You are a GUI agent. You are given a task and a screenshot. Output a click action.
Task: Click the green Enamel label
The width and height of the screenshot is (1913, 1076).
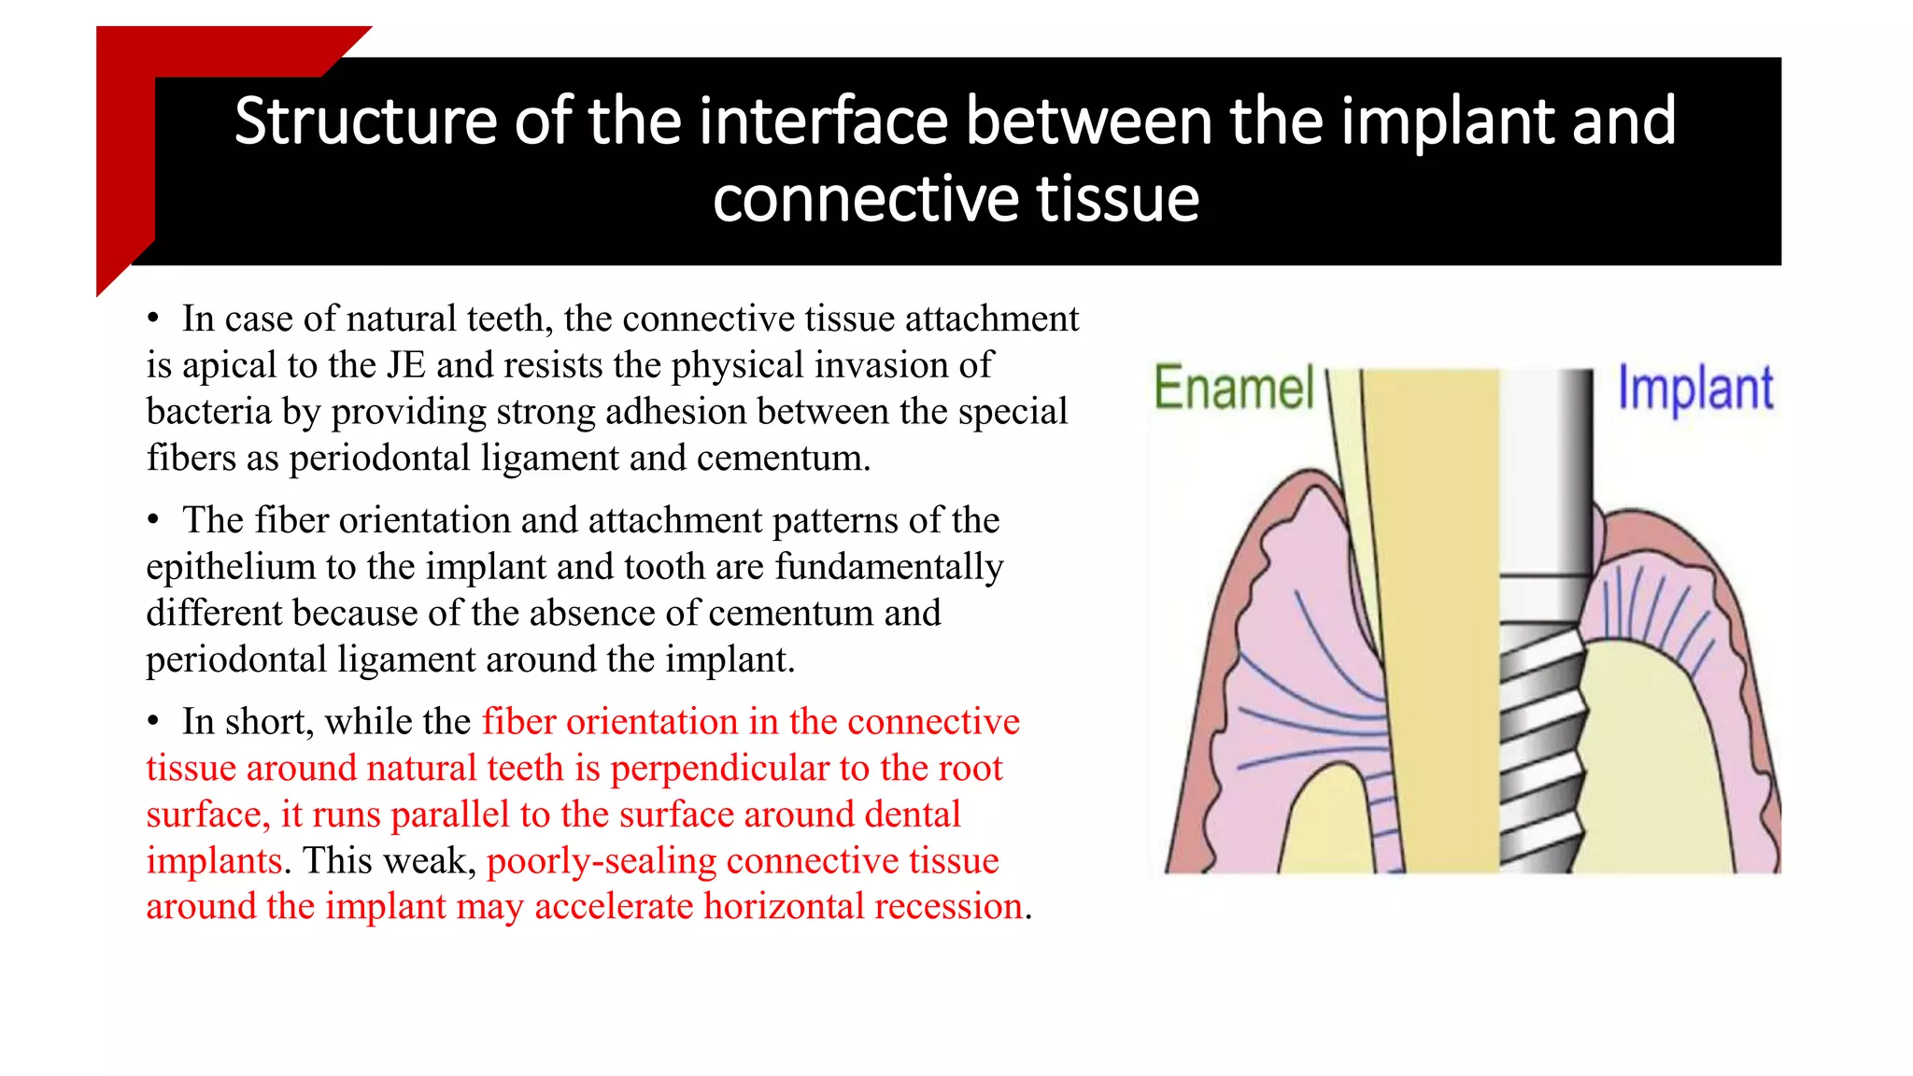coord(1234,389)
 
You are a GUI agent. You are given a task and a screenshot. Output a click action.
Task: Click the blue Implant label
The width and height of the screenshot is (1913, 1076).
coord(1694,389)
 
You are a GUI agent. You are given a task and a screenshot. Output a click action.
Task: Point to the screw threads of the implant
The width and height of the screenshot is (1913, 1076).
coord(1541,747)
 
